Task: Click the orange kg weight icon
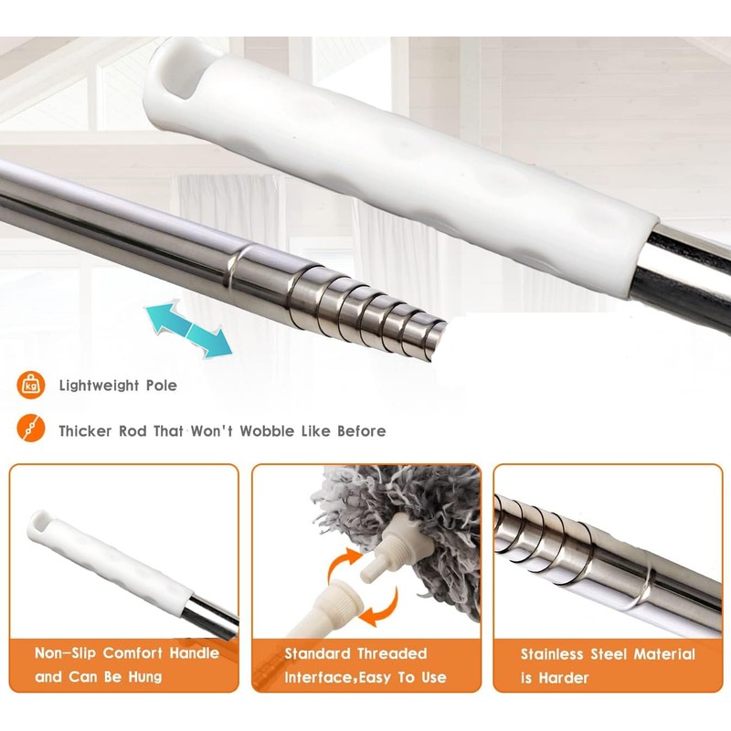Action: point(31,386)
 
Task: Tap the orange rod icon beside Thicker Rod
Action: point(31,428)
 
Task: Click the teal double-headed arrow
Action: point(188,330)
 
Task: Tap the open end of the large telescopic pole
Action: point(437,339)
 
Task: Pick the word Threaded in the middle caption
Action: point(396,653)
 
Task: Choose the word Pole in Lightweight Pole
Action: point(162,386)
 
